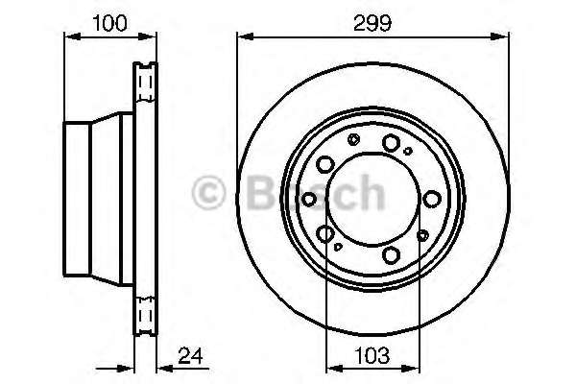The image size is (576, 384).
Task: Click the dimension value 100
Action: pyautogui.click(x=109, y=23)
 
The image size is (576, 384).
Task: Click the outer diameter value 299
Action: pyautogui.click(x=372, y=23)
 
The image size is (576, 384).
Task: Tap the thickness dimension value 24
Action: pyautogui.click(x=190, y=356)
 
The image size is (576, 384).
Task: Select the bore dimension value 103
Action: pyautogui.click(x=372, y=356)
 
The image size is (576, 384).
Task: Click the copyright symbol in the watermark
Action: pyautogui.click(x=208, y=193)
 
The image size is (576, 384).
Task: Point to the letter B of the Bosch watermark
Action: pyautogui.click(x=261, y=192)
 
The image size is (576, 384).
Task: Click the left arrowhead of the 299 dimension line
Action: pyautogui.click(x=246, y=36)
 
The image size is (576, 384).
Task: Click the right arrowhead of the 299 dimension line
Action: pyautogui.click(x=500, y=36)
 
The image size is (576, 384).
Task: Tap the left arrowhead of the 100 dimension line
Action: pyautogui.click(x=72, y=36)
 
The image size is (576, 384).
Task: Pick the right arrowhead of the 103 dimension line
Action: pyautogui.click(x=411, y=368)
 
